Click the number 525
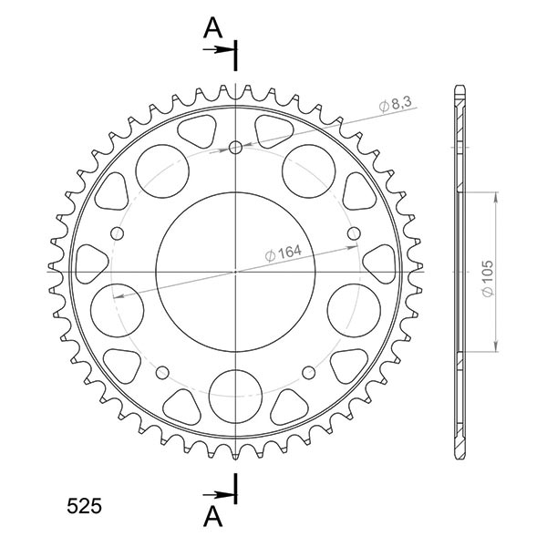coord(84,505)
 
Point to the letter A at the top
coord(212,29)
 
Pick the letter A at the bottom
coord(212,516)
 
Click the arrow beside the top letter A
coord(221,50)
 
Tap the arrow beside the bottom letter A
coord(221,493)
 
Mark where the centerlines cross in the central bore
coord(236,272)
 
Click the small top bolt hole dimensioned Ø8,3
coord(236,148)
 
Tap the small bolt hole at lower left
coord(163,372)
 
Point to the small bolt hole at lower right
coord(309,372)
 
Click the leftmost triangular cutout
coord(90,261)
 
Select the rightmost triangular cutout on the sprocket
coord(381,262)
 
